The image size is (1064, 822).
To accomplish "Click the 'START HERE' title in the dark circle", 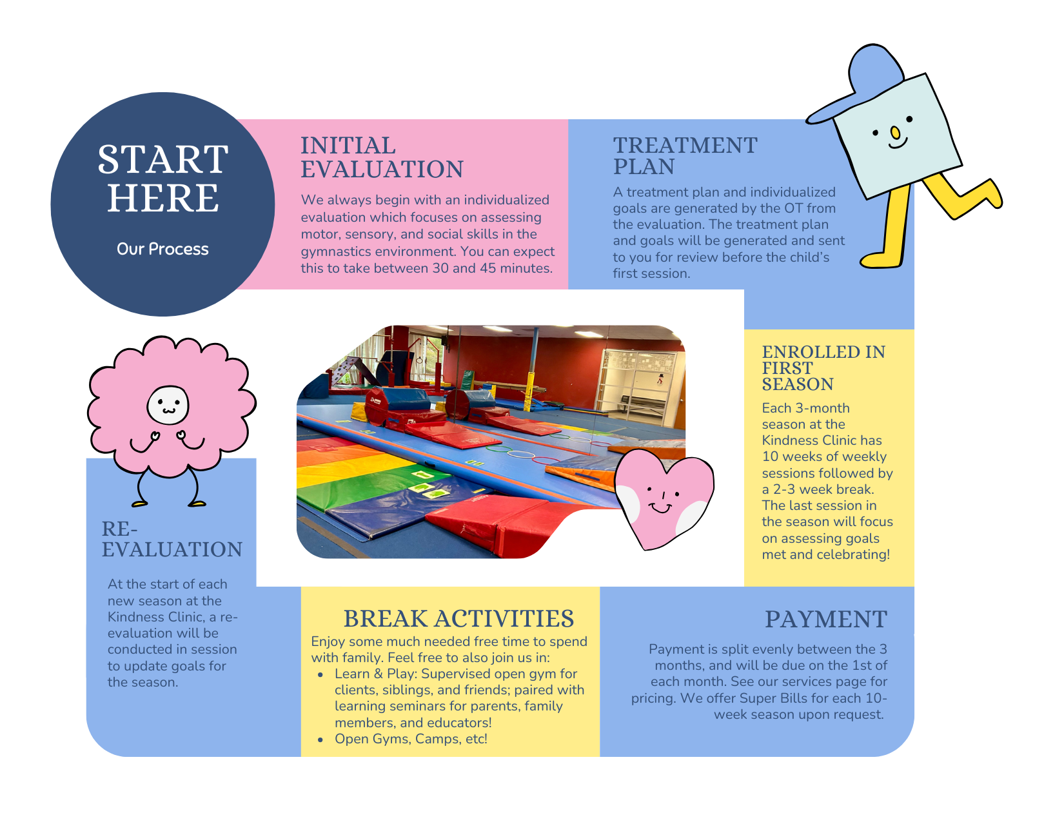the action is (x=163, y=178).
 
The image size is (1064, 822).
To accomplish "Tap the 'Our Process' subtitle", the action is (x=163, y=249).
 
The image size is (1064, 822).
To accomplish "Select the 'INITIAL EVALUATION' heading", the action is (x=382, y=157).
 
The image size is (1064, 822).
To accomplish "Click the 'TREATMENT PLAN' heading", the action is (x=685, y=155).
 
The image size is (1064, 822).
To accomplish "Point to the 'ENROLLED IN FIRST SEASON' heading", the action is (x=823, y=367).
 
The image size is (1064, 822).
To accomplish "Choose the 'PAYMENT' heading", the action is (x=826, y=619).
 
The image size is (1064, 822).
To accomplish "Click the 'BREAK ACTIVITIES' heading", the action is (x=458, y=618).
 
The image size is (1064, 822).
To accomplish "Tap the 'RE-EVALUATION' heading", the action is (x=172, y=539).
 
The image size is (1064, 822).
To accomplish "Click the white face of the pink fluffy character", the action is (x=168, y=405).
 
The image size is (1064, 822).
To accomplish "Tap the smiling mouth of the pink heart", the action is (x=661, y=508).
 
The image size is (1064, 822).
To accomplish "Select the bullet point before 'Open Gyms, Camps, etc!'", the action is (x=320, y=739).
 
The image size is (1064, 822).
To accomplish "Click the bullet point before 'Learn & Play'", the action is (x=320, y=674).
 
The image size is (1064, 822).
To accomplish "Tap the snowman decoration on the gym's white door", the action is (x=660, y=379).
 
